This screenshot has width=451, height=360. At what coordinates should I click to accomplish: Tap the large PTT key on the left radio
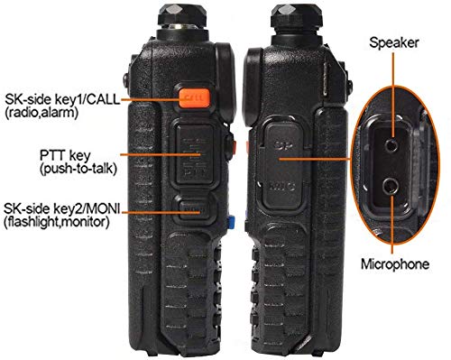click(191, 154)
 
